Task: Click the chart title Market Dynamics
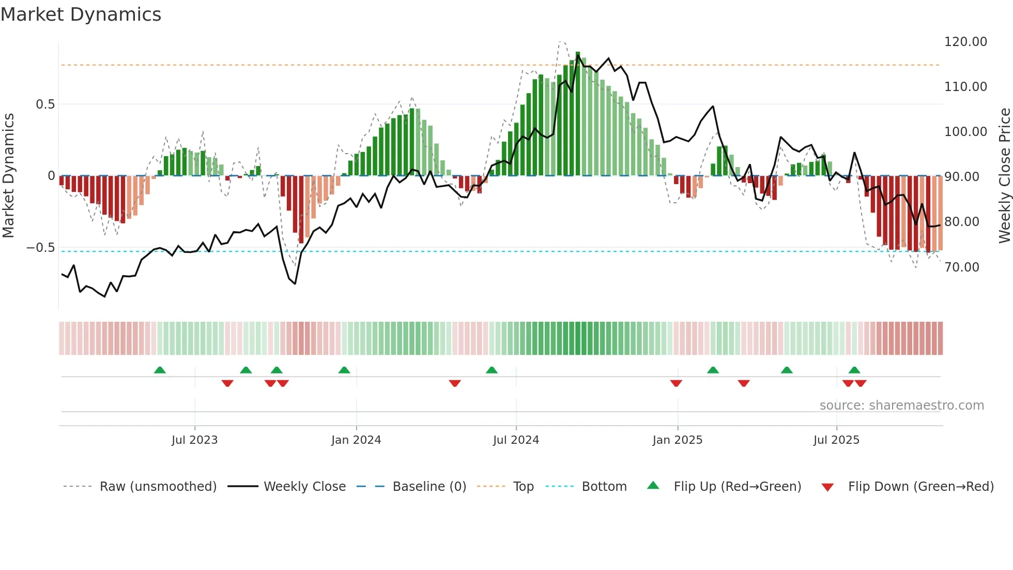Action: coord(81,14)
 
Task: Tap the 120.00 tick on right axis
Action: coord(965,42)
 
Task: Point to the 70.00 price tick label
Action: coord(962,267)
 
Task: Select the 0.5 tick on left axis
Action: coord(45,104)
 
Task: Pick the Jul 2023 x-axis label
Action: coord(194,440)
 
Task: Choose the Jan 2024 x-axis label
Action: coord(356,440)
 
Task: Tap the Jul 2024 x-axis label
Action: coord(516,440)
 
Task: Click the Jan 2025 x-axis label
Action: coord(677,440)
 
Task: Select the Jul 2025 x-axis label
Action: coord(836,440)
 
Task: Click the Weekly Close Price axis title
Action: coord(1004,175)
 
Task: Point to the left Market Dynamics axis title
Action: coord(8,175)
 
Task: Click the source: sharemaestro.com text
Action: coord(901,406)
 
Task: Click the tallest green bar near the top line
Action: coord(578,114)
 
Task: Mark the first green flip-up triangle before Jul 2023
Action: coord(160,370)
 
